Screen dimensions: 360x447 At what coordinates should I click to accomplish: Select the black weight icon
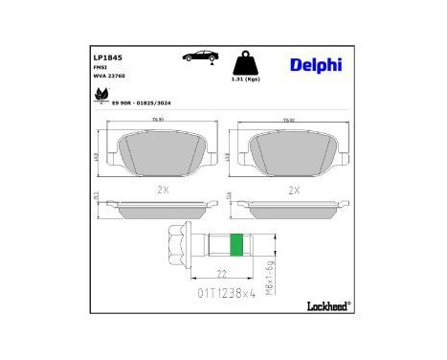[x=248, y=64]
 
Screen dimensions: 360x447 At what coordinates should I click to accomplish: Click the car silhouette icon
[x=198, y=57]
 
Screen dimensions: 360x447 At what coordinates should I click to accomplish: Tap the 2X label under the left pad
[x=161, y=191]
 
